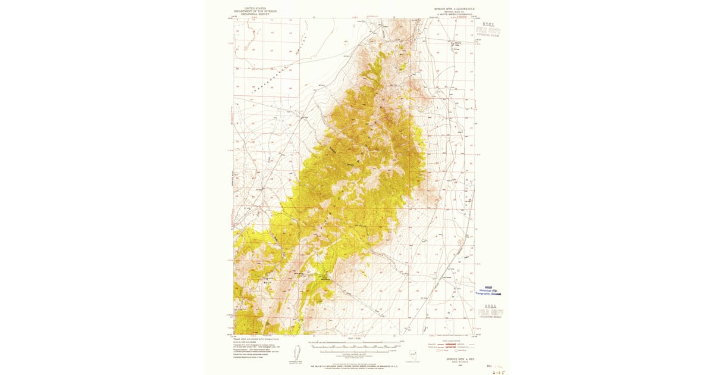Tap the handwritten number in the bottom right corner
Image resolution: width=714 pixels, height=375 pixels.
click(x=496, y=369)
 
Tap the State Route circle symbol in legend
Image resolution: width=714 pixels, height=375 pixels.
click(x=456, y=350)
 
